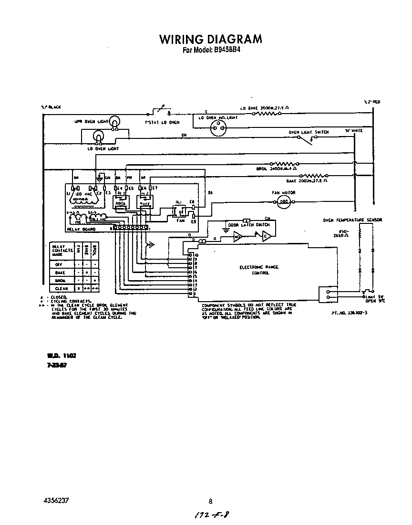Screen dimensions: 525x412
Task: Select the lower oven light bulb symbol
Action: pyautogui.click(x=98, y=138)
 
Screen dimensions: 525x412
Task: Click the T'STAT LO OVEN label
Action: pyautogui.click(x=162, y=122)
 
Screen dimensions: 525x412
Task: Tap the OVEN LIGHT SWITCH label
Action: pyautogui.click(x=308, y=132)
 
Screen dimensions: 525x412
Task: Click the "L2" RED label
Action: pyautogui.click(x=372, y=102)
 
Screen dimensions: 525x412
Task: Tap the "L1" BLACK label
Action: pyautogui.click(x=51, y=106)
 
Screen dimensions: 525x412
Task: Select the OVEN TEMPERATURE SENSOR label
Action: pyautogui.click(x=352, y=220)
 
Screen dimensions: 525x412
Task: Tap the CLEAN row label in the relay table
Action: pyautogui.click(x=61, y=288)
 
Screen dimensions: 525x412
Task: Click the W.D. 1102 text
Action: pyautogui.click(x=62, y=356)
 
